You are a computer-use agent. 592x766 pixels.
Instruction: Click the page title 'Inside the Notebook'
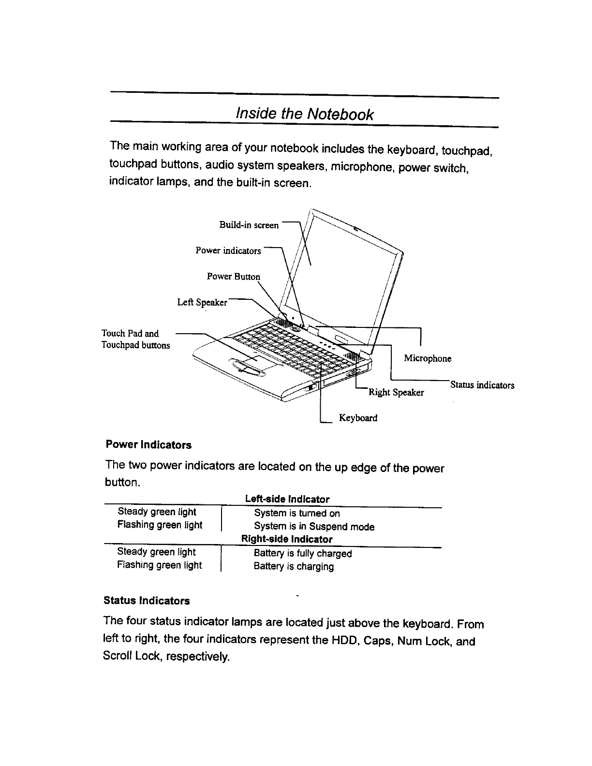pyautogui.click(x=304, y=114)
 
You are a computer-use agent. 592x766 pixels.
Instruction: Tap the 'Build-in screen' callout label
pyautogui.click(x=249, y=225)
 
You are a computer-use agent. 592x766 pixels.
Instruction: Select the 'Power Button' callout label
pyautogui.click(x=233, y=277)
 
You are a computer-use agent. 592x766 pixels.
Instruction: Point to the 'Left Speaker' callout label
pyautogui.click(x=202, y=303)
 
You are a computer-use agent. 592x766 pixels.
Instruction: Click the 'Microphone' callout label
pyautogui.click(x=428, y=358)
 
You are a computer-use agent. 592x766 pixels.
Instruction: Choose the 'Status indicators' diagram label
pyautogui.click(x=482, y=385)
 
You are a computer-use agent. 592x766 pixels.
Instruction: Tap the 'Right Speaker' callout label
pyautogui.click(x=396, y=392)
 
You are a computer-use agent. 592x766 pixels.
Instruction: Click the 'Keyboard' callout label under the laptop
pyautogui.click(x=358, y=418)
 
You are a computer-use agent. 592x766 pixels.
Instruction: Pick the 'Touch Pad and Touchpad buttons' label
pyautogui.click(x=135, y=339)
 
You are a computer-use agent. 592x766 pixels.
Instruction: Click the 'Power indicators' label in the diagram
pyautogui.click(x=228, y=250)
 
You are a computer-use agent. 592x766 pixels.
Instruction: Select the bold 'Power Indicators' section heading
pyautogui.click(x=148, y=445)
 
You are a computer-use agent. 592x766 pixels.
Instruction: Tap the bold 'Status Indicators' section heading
pyautogui.click(x=147, y=601)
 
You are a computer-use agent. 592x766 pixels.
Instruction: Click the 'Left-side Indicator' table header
pyautogui.click(x=287, y=499)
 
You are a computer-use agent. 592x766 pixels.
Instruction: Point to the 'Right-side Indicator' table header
pyautogui.click(x=287, y=539)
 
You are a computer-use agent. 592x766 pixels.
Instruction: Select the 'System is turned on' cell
pyautogui.click(x=297, y=513)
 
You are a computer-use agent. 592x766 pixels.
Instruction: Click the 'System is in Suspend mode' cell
pyautogui.click(x=314, y=527)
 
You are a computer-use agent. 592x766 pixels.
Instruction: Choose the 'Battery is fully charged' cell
pyautogui.click(x=303, y=553)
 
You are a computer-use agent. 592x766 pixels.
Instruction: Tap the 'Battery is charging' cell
pyautogui.click(x=294, y=566)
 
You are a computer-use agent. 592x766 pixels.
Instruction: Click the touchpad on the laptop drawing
pyautogui.click(x=254, y=359)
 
